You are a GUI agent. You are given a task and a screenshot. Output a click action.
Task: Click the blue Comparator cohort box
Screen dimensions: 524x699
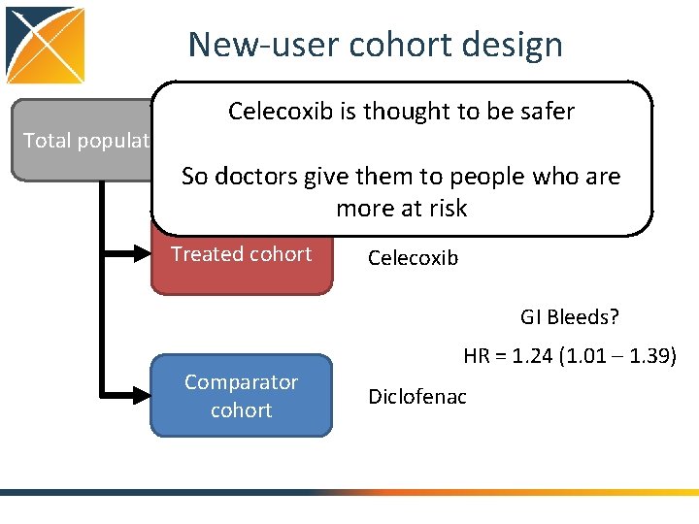241,396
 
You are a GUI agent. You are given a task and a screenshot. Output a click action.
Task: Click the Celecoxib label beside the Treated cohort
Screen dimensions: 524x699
413,259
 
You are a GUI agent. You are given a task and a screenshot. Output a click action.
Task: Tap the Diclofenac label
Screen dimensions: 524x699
417,396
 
